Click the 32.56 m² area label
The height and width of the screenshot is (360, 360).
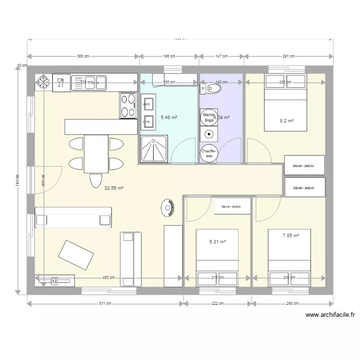(x=114, y=189)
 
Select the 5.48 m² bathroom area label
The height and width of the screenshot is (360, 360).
(x=168, y=117)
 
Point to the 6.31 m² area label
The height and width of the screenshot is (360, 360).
(x=217, y=242)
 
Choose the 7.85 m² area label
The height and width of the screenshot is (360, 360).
(x=291, y=236)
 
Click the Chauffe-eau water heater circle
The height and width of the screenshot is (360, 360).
(x=209, y=153)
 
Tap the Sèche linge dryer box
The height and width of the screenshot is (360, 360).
(x=208, y=117)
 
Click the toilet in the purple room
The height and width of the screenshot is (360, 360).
(x=211, y=89)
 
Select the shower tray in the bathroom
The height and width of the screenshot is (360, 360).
(x=154, y=149)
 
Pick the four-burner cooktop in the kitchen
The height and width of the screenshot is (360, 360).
(x=127, y=106)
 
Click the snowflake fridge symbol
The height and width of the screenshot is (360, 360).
(x=44, y=83)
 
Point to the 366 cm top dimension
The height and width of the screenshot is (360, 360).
(x=84, y=57)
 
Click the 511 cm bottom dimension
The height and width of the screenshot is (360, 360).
(x=106, y=303)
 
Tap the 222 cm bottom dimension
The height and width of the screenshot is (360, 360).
(x=217, y=303)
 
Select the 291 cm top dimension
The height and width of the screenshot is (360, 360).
(x=289, y=57)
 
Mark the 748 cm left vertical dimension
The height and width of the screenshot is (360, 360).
(x=17, y=180)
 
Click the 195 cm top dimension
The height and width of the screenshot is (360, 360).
(x=169, y=57)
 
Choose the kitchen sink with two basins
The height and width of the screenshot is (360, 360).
(x=96, y=83)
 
